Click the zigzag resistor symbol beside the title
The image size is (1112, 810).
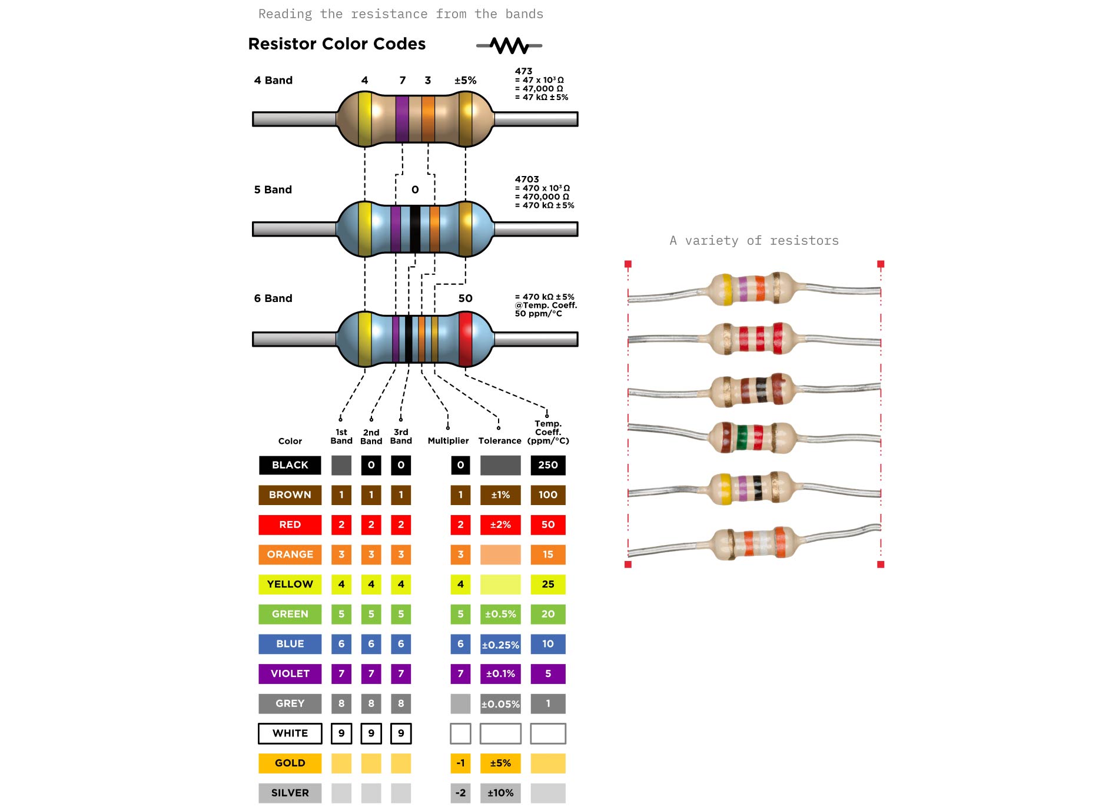509,45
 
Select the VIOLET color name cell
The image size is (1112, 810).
290,673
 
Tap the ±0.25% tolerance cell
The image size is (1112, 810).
500,644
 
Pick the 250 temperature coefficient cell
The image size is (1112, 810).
547,465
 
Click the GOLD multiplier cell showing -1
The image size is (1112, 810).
460,763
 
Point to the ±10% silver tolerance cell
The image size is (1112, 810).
500,793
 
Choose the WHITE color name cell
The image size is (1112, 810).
290,733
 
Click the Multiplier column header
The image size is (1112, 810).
448,440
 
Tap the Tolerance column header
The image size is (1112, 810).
500,440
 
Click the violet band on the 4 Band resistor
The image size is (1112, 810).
402,118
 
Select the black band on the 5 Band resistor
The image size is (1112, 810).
415,228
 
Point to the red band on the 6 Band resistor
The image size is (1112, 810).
465,338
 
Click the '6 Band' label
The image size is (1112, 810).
273,298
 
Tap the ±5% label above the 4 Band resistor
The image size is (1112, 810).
465,81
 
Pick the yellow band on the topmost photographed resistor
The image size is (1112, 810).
727,289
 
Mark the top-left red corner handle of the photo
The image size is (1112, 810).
628,264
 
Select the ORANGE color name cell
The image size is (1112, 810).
290,555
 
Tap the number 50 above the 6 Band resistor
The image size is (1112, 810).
465,298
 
